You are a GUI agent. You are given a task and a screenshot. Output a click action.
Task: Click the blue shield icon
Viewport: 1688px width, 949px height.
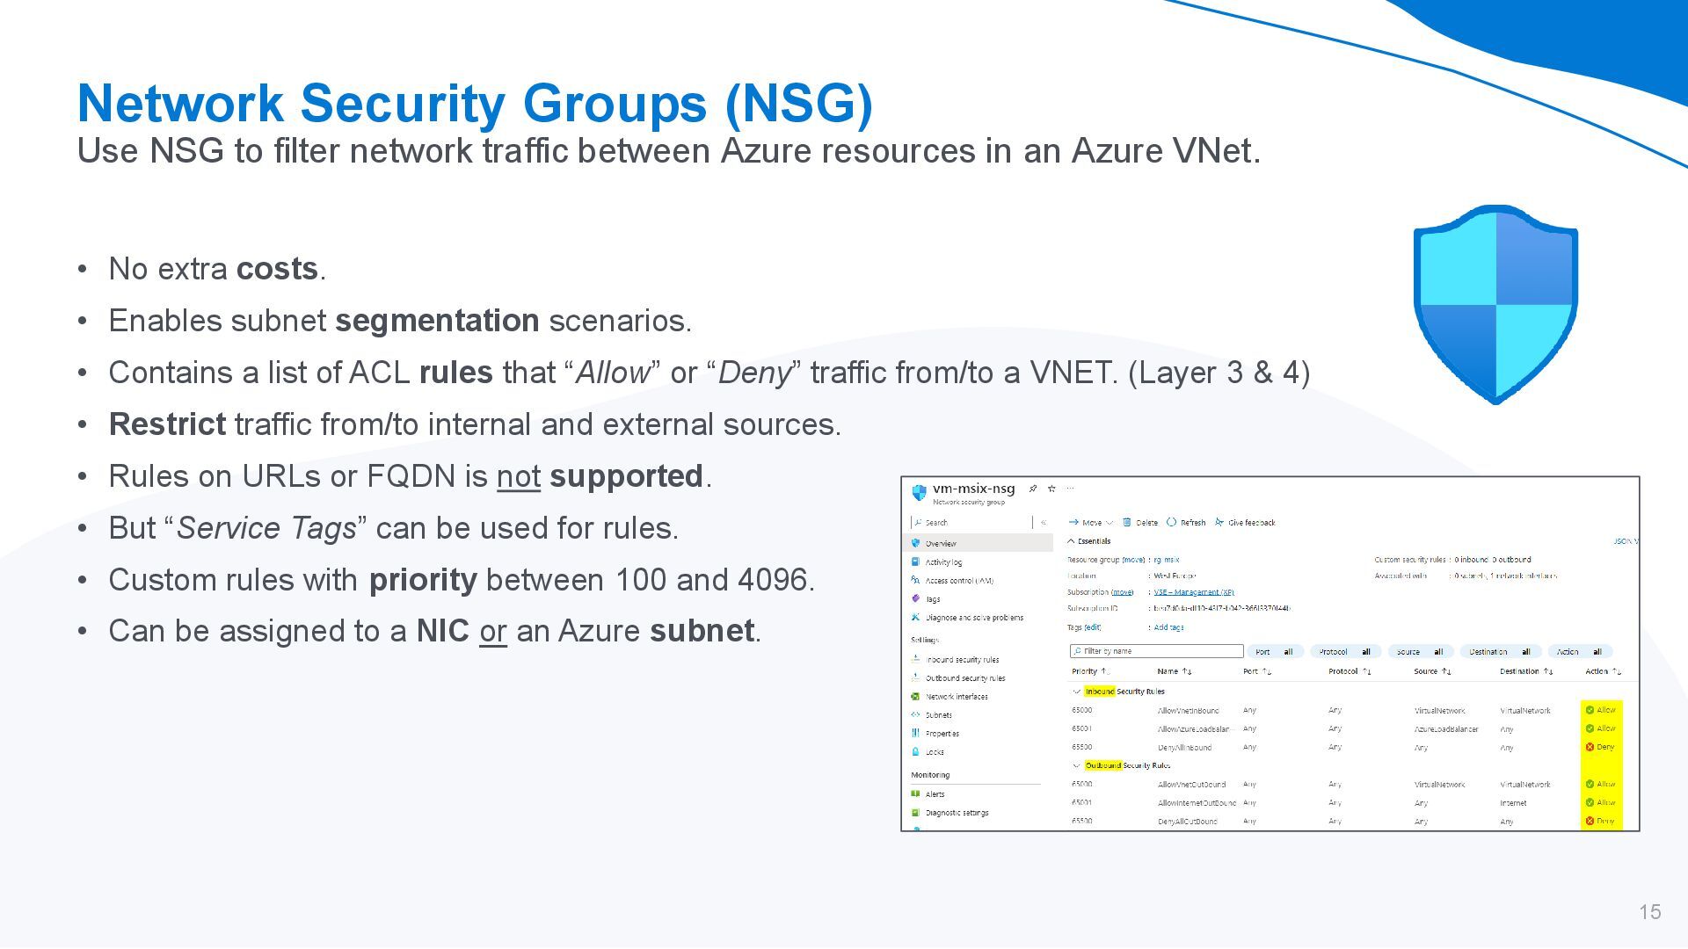click(x=1495, y=304)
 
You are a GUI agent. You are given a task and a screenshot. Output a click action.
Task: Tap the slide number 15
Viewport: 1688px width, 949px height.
click(x=1649, y=912)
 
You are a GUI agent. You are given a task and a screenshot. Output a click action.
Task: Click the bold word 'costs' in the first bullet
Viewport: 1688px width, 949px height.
click(x=277, y=269)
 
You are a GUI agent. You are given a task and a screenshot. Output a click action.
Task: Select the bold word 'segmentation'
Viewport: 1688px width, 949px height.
click(x=437, y=321)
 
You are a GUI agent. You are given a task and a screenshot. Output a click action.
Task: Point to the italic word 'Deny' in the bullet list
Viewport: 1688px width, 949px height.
click(x=754, y=373)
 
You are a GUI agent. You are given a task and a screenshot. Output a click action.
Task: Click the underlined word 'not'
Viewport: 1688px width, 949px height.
click(x=518, y=476)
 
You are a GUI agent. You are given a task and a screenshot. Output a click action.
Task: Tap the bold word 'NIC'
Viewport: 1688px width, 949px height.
click(x=442, y=631)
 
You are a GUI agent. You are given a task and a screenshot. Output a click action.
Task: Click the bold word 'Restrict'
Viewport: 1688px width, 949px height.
click(x=167, y=424)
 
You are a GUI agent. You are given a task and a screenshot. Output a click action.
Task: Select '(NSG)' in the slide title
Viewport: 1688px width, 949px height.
click(x=798, y=103)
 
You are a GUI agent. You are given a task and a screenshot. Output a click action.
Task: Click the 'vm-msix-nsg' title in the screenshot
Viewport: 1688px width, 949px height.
click(x=973, y=489)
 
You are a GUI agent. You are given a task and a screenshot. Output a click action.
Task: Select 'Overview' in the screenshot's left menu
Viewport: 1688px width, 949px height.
click(x=940, y=543)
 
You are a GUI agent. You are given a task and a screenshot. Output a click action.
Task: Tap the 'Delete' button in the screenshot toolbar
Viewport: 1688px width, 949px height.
click(x=1146, y=522)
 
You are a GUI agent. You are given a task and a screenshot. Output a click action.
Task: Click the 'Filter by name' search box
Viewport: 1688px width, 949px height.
click(x=1156, y=651)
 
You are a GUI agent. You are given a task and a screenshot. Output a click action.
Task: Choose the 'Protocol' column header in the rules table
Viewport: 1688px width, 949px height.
click(x=1343, y=671)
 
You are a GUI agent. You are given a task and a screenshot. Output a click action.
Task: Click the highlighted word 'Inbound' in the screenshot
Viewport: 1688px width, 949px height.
click(x=1099, y=692)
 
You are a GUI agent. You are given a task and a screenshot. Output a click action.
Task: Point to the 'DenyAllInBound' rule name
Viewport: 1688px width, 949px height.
click(x=1184, y=748)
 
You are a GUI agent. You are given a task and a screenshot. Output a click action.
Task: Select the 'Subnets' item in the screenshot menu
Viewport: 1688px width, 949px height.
click(x=938, y=715)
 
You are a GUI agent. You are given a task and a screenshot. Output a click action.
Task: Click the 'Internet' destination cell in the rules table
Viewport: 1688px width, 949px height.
click(x=1513, y=803)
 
